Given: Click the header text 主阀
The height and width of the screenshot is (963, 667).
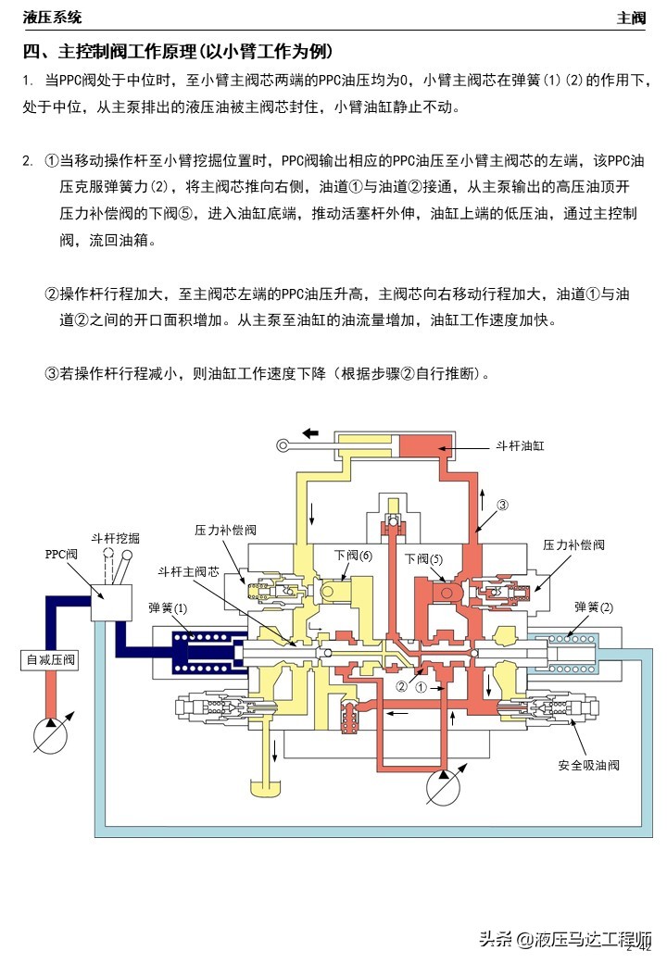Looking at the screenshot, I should pos(632,18).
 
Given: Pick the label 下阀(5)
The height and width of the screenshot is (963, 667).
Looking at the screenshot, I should pos(423,558).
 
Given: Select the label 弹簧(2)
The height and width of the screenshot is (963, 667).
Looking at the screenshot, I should pos(594,607).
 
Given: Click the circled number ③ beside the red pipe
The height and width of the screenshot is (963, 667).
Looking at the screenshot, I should pos(503,506).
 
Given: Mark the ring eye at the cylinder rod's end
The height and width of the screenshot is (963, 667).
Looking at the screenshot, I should pos(281,446).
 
